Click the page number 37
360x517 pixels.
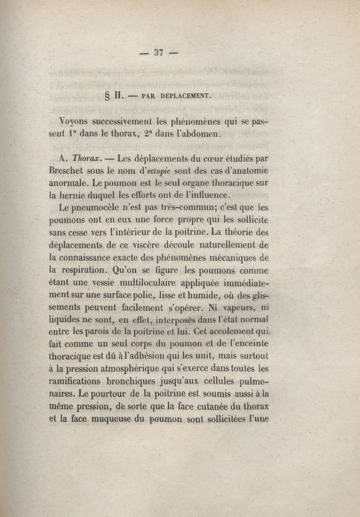click(x=158, y=52)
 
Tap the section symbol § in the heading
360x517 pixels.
click(x=107, y=96)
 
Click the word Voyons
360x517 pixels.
click(x=74, y=122)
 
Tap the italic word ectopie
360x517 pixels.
click(x=154, y=172)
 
